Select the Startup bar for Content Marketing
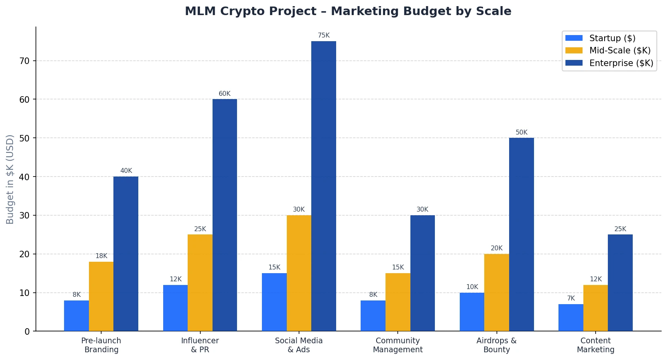point(571,318)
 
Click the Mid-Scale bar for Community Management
point(398,302)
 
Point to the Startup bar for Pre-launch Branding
point(76,316)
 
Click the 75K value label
point(324,35)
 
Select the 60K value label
point(224,94)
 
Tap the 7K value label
point(571,298)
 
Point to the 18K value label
point(101,256)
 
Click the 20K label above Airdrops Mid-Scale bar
point(496,248)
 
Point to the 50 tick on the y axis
point(24,138)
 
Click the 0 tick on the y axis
point(27,331)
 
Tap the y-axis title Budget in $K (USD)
point(10,179)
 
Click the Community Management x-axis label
point(398,345)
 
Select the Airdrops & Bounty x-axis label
point(496,345)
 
